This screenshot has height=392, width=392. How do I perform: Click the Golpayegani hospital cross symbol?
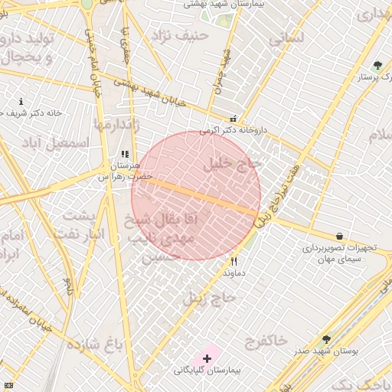[207, 358]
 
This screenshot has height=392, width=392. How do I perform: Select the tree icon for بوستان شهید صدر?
[327, 338]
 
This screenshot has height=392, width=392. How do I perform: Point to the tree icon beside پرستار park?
[376, 65]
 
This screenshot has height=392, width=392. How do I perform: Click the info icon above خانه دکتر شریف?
[21, 102]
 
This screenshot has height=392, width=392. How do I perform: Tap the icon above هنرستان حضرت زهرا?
[125, 154]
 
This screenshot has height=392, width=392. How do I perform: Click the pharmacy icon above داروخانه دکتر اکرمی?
[233, 119]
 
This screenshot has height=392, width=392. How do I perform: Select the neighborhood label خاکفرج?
[266, 338]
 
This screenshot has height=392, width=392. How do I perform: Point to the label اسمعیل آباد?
[56, 142]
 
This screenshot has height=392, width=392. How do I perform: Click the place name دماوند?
[233, 273]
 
